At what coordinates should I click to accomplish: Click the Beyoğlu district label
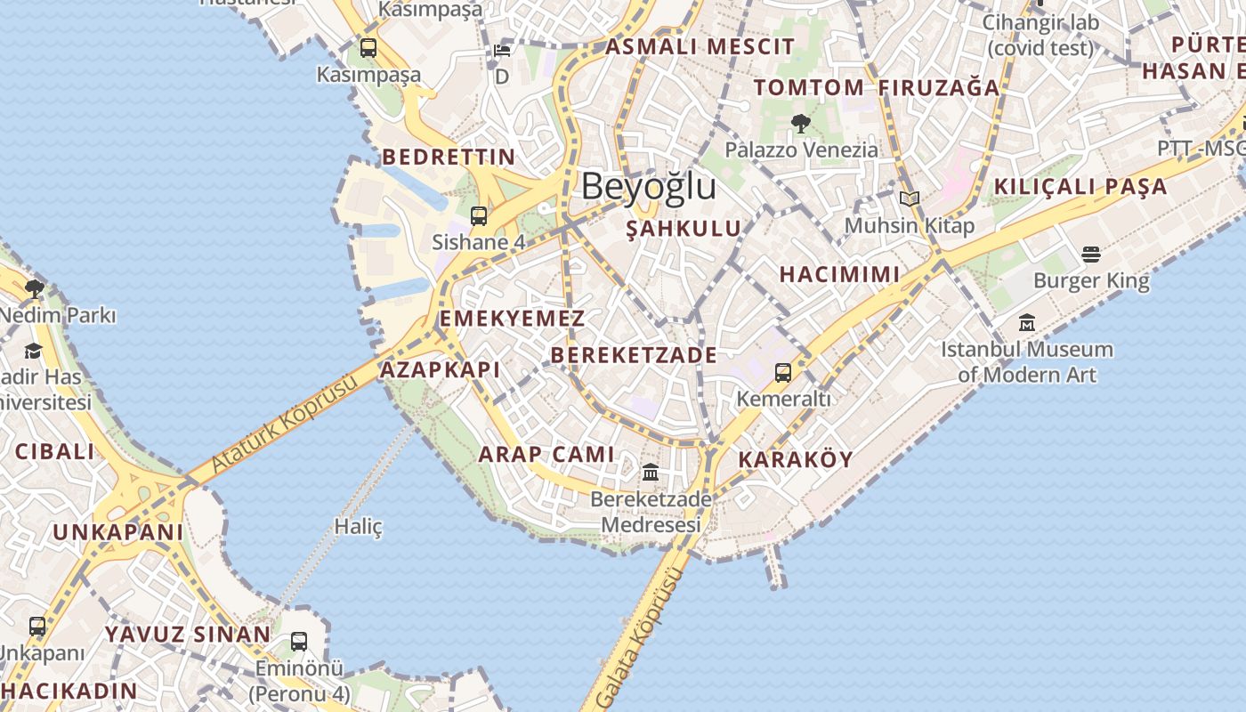[x=648, y=187]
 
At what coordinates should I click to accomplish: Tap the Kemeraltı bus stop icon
[x=783, y=372]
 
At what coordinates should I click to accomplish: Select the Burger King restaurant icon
[x=1091, y=255]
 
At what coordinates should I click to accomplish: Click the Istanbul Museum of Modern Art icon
[x=1027, y=323]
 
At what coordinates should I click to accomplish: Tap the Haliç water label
[x=358, y=527]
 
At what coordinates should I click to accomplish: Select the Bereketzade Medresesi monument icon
[x=651, y=473]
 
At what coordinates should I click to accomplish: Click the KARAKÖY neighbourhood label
[x=796, y=460]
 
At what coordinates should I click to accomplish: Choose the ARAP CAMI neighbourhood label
[x=546, y=455]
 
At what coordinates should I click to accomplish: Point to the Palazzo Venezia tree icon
[x=801, y=124]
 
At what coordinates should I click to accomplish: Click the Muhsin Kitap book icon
[x=909, y=199]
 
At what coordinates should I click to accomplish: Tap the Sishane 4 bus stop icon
[x=479, y=215]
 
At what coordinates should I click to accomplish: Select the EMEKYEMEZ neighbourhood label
[x=513, y=319]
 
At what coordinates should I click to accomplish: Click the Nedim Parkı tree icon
[x=35, y=288]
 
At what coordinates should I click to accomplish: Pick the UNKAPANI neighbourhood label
[x=118, y=532]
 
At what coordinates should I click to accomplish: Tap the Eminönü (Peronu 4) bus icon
[x=299, y=641]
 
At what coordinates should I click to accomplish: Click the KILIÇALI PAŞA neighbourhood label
[x=1080, y=187]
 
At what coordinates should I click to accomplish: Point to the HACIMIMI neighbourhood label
[x=839, y=274]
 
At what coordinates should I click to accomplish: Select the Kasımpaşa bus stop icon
[x=368, y=48]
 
